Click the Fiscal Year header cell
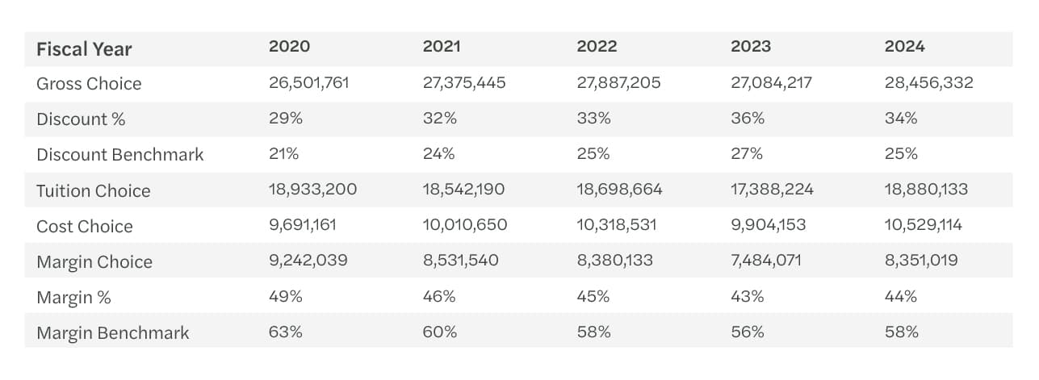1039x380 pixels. [84, 49]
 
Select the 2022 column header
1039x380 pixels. [597, 47]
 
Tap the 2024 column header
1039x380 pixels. [904, 47]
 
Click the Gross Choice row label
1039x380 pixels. [89, 84]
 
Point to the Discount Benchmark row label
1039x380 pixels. [120, 155]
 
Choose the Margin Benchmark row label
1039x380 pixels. [113, 332]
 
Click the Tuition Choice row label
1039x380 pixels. [94, 190]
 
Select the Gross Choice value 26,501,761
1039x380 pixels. [308, 83]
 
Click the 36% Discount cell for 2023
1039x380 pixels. [747, 119]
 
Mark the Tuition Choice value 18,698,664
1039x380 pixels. [619, 190]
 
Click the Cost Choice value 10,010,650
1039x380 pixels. [465, 225]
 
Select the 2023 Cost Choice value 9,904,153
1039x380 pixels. [768, 225]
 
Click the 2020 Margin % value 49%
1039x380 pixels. [286, 296]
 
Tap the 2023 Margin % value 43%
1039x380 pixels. [747, 296]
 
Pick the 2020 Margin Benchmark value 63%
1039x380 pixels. [286, 332]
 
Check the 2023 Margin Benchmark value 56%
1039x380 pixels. [747, 332]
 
